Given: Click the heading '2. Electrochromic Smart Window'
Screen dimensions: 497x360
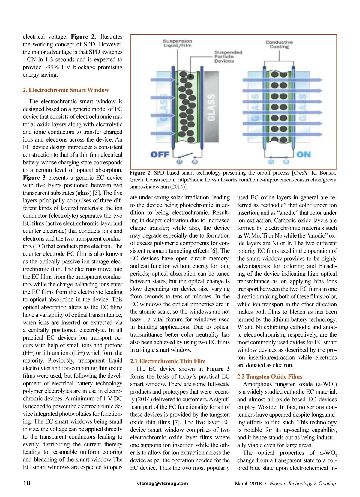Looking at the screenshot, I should (66, 90).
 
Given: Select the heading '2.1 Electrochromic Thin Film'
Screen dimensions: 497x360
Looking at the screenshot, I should (168, 361).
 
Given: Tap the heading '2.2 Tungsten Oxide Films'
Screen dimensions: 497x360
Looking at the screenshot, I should (270, 376).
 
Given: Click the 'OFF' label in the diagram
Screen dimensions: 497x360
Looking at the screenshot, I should (160, 154).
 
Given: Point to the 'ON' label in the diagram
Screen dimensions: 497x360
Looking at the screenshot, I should (304, 154).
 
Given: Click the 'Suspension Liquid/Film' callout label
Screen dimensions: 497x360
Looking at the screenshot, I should (177, 43).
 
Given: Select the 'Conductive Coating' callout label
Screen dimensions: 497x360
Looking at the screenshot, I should (279, 44).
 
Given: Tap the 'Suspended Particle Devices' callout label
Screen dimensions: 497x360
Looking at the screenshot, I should (228, 57).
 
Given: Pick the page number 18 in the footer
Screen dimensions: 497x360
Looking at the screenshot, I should (27, 483).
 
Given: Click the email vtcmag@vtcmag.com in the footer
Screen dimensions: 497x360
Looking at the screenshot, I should (163, 483).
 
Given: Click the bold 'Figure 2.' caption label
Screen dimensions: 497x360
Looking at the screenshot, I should (140, 173).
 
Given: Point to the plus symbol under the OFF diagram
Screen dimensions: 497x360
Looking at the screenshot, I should (179, 162).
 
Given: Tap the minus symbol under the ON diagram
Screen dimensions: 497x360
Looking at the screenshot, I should (286, 162).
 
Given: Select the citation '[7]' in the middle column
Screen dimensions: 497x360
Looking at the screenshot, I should (176, 422).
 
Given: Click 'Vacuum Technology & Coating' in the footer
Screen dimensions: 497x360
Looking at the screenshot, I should (302, 484).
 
